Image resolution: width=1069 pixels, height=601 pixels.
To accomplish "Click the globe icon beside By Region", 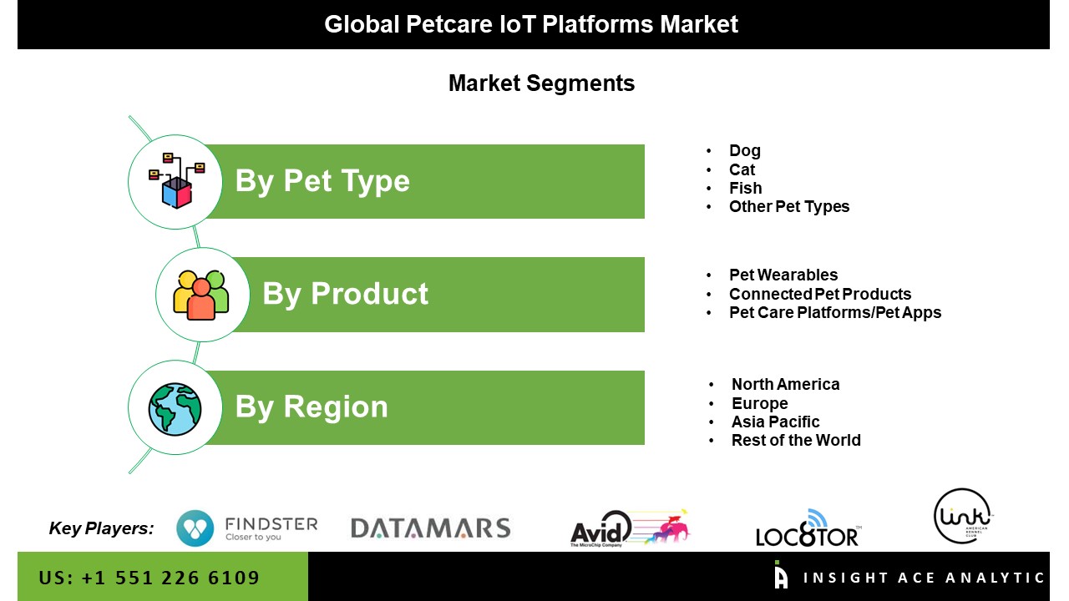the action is (175, 409).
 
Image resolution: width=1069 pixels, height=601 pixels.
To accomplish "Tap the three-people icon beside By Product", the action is (201, 295).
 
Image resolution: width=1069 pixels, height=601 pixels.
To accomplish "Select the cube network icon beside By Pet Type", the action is (176, 181).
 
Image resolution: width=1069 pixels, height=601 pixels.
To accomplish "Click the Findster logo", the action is (246, 528).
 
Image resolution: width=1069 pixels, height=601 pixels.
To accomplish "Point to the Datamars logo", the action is (430, 528).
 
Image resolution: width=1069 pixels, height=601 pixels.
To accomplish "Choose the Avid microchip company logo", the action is (631, 528).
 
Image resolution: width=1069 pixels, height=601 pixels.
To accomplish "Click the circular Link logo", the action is (962, 516).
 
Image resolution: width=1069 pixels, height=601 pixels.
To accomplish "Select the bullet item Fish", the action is (746, 188).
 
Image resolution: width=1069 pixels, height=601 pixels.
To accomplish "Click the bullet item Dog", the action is (744, 151).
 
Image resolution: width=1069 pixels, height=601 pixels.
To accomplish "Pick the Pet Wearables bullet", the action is (783, 275).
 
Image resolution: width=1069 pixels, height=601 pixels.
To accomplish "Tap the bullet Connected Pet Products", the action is (820, 294).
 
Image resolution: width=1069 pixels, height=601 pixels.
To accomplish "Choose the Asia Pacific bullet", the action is (775, 422).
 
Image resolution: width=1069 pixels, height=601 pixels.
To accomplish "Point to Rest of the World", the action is (796, 440).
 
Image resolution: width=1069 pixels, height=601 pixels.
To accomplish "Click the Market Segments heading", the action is (542, 83).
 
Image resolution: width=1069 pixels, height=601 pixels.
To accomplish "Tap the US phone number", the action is (149, 578).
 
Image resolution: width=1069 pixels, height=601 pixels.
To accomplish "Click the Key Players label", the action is (102, 528).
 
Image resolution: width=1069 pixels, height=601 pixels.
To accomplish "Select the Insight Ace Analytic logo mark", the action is (781, 574).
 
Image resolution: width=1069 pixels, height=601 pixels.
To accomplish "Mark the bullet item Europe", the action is (759, 403).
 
